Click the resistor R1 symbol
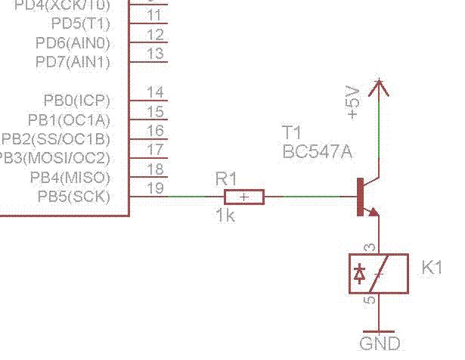pyautogui.click(x=243, y=197)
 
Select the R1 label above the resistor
pyautogui.click(x=226, y=178)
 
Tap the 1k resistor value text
pyautogui.click(x=225, y=216)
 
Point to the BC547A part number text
pyautogui.click(x=318, y=151)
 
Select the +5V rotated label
pyautogui.click(x=352, y=101)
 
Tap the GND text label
pyautogui.click(x=380, y=344)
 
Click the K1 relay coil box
pyautogui.click(x=379, y=273)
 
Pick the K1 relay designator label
pyautogui.click(x=432, y=267)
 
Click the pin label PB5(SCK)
pyautogui.click(x=74, y=197)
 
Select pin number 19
pyautogui.click(x=155, y=188)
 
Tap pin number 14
pyautogui.click(x=155, y=92)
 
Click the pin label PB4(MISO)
pyautogui.click(x=70, y=178)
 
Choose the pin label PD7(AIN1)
pyautogui.click(x=73, y=61)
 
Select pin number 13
pyautogui.click(x=155, y=53)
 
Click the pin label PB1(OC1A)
pyautogui.click(x=70, y=120)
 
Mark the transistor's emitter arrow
pyautogui.click(x=373, y=212)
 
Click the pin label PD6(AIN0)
pyautogui.click(x=73, y=42)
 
